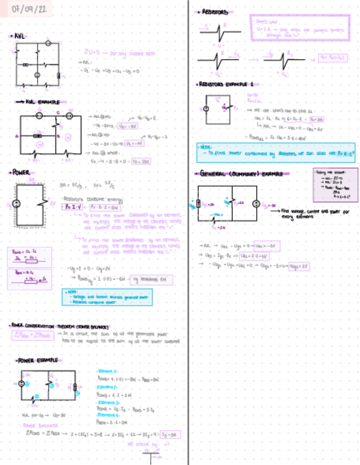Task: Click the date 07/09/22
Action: (x=25, y=10)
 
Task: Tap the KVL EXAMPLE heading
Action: (x=41, y=102)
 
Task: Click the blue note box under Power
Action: (x=107, y=296)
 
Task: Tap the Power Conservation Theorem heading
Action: (x=60, y=325)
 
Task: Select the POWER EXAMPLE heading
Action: (x=38, y=360)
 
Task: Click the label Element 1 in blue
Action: (x=105, y=371)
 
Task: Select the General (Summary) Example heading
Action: (x=242, y=174)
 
